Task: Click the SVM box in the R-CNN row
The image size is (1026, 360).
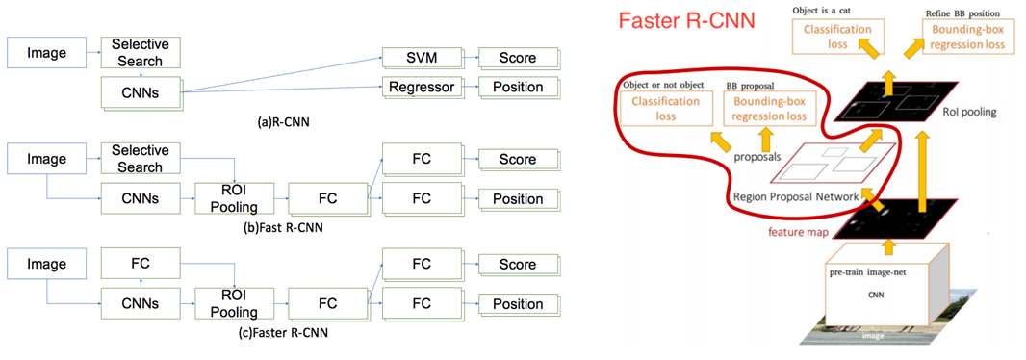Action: coord(421,58)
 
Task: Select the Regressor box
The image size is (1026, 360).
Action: coord(421,87)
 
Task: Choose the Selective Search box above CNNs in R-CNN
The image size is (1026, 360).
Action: coord(140,53)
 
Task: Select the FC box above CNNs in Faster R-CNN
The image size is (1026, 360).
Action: coord(140,264)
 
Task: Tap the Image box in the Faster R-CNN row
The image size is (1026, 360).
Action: coord(46,264)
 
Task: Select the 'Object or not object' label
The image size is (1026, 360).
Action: coord(657,86)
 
